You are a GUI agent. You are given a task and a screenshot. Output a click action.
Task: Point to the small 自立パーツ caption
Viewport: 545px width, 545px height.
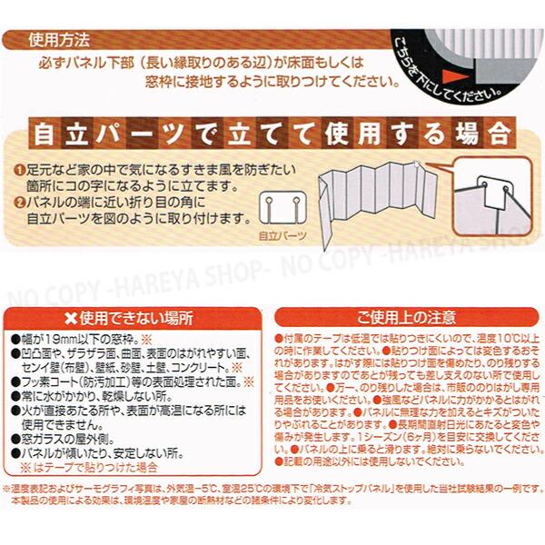coord(282,236)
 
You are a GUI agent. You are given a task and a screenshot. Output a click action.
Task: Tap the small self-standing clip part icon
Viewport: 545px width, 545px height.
coord(282,205)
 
